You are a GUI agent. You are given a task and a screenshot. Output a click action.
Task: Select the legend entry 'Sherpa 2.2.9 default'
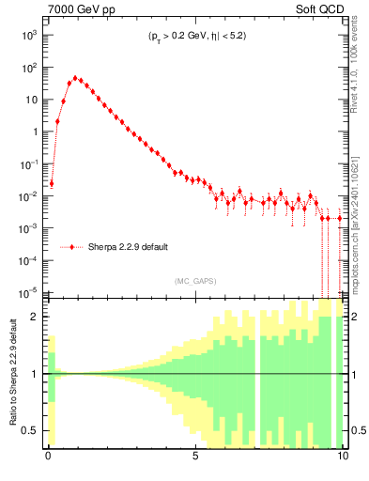click(128, 247)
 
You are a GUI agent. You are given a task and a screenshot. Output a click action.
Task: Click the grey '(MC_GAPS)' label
click(196, 280)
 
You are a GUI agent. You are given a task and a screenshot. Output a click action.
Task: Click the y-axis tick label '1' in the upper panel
click(36, 132)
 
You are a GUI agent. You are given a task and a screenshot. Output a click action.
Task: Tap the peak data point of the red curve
click(75, 79)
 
